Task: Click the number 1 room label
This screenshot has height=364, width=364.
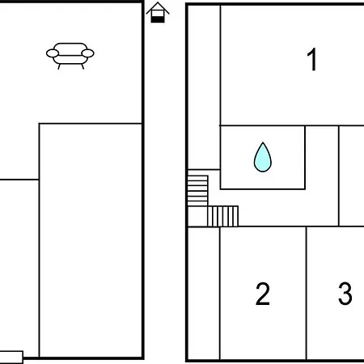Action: pyautogui.click(x=312, y=60)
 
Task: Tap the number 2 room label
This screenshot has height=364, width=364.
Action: pyautogui.click(x=263, y=294)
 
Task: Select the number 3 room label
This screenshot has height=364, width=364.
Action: pyautogui.click(x=345, y=294)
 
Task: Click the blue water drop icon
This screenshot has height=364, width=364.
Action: pyautogui.click(x=263, y=157)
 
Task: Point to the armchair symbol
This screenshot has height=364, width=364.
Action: pyautogui.click(x=70, y=56)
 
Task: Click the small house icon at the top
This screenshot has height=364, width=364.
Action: pyautogui.click(x=158, y=13)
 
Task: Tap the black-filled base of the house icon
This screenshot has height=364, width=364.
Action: pyautogui.click(x=158, y=19)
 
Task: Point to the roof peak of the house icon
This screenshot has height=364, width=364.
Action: pyautogui.click(x=158, y=2)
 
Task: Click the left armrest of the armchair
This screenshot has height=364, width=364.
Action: pyautogui.click(x=53, y=53)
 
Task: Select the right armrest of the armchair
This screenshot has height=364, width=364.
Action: pyautogui.click(x=87, y=53)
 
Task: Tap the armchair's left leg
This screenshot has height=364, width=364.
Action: pyautogui.click(x=59, y=66)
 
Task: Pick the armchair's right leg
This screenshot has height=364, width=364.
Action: pyautogui.click(x=83, y=66)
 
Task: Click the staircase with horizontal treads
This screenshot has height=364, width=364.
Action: pyautogui.click(x=197, y=191)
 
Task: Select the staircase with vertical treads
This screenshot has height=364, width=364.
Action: pyautogui.click(x=223, y=216)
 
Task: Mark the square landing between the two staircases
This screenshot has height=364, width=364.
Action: pyautogui.click(x=197, y=217)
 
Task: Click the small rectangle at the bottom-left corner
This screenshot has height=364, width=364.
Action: pyautogui.click(x=11, y=358)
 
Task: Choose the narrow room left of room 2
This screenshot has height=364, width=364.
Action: pyautogui.click(x=204, y=293)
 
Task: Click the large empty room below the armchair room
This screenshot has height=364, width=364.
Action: pyautogui.click(x=91, y=240)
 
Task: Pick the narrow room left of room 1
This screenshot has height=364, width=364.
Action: pyautogui.click(x=204, y=87)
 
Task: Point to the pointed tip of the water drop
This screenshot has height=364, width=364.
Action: pyautogui.click(x=263, y=142)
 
